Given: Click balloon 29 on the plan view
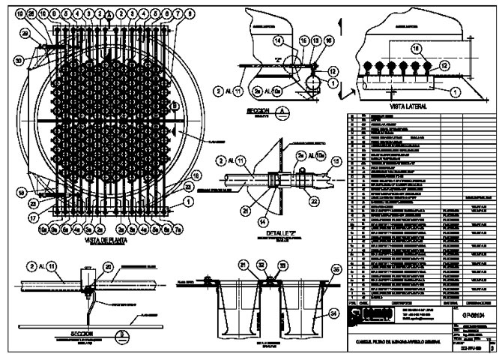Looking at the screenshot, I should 25,34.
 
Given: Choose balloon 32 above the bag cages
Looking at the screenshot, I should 261,265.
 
